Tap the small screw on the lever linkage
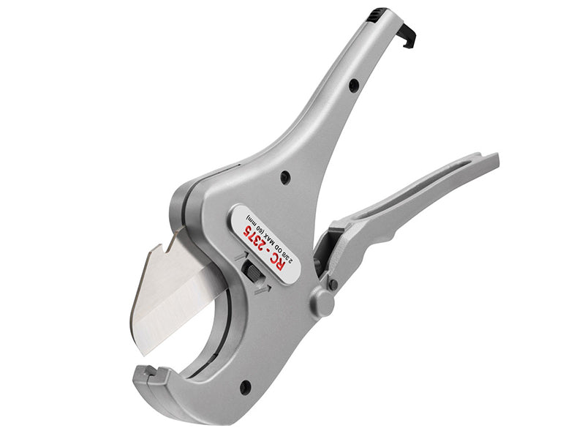click(333, 284)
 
